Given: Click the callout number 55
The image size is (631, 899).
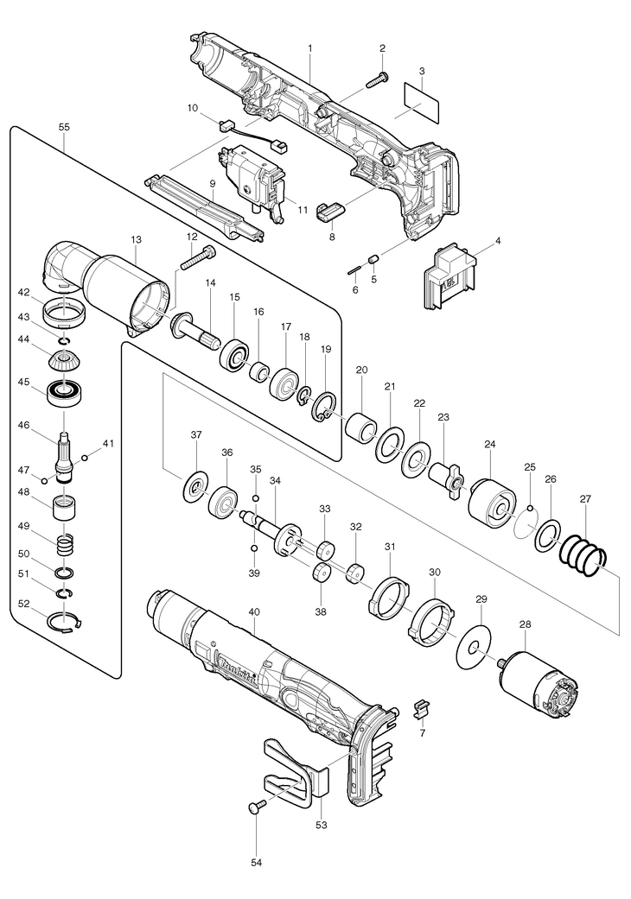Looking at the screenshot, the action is [x=64, y=127].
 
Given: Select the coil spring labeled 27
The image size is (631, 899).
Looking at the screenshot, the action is [x=583, y=555].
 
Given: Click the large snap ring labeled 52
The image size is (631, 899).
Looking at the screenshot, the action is [x=66, y=622].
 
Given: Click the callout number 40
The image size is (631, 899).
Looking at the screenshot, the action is [x=255, y=612].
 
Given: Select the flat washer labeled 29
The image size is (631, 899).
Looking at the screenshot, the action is [x=475, y=648].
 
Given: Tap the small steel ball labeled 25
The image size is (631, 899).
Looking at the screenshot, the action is [x=531, y=507].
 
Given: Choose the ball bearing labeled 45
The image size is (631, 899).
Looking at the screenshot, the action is [x=63, y=393].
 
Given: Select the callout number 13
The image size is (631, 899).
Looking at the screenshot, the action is [x=136, y=239].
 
